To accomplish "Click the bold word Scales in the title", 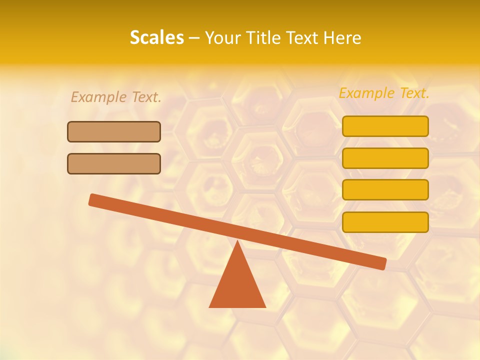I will [156, 37].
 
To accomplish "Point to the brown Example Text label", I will [116, 97].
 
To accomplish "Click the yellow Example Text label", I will [384, 93].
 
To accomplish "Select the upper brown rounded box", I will [114, 131].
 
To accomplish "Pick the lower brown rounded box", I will [114, 163].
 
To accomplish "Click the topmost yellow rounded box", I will [385, 126].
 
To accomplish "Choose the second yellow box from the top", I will [385, 158].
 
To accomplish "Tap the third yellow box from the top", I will [385, 189].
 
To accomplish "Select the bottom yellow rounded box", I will [385, 222].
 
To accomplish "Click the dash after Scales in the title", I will [194, 38].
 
